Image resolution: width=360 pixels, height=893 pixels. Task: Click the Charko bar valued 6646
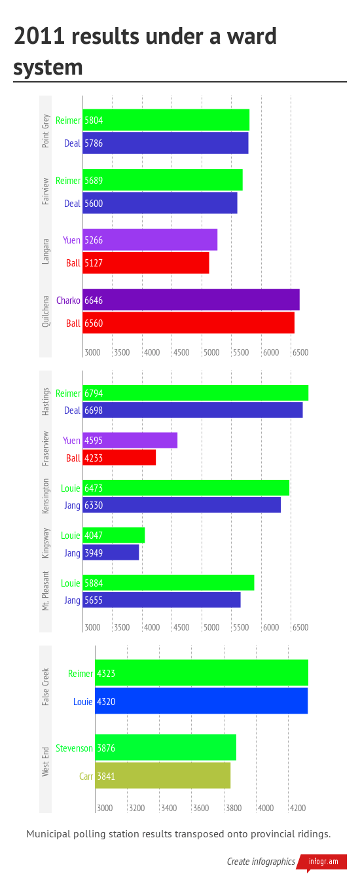pyautogui.click(x=190, y=300)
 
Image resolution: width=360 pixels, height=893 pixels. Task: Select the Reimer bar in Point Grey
pyautogui.click(x=166, y=120)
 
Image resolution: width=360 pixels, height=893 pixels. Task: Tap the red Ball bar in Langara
pyautogui.click(x=145, y=263)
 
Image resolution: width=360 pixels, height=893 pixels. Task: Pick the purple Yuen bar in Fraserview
pyautogui.click(x=130, y=441)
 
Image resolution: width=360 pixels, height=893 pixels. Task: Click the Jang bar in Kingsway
pyautogui.click(x=111, y=553)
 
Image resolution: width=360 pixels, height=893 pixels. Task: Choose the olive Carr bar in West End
pyautogui.click(x=162, y=776)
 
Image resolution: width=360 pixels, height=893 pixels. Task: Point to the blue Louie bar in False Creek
pyautogui.click(x=201, y=701)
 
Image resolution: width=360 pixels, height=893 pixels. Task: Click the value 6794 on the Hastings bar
pyautogui.click(x=94, y=393)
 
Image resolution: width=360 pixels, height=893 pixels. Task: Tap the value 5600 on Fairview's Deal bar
pyautogui.click(x=94, y=204)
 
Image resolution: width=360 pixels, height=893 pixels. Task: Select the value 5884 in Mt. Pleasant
pyautogui.click(x=94, y=583)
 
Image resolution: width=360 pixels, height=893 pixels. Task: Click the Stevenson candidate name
pyautogui.click(x=74, y=748)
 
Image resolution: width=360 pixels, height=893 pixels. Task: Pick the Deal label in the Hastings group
pyautogui.click(x=72, y=410)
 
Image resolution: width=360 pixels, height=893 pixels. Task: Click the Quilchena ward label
pyautogui.click(x=45, y=312)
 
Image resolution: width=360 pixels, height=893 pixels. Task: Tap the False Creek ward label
pyautogui.click(x=45, y=687)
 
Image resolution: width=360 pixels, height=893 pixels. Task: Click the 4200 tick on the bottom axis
pyautogui.click(x=298, y=808)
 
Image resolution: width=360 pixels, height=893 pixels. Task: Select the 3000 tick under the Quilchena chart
pyautogui.click(x=92, y=352)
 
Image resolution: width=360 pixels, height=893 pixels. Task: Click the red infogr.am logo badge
pyautogui.click(x=324, y=862)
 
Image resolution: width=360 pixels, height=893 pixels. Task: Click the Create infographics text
pyautogui.click(x=261, y=862)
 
